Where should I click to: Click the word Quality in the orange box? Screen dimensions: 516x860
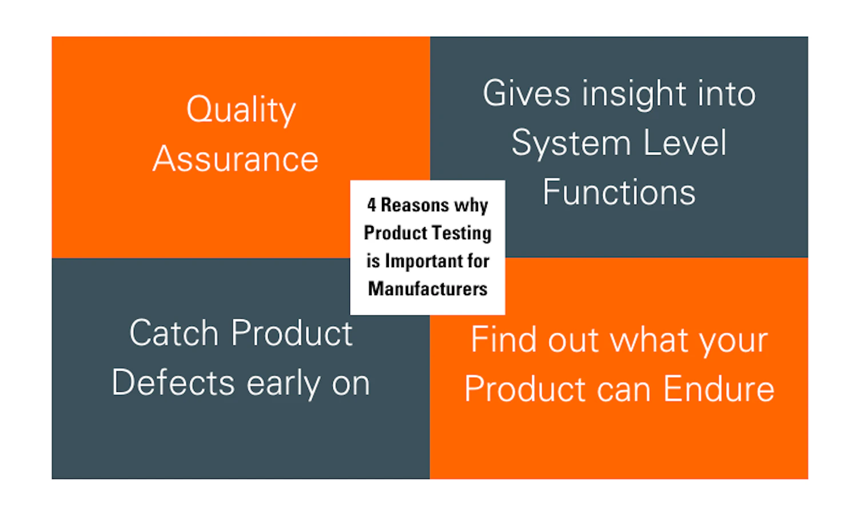(241, 110)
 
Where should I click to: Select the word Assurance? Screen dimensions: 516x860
(236, 159)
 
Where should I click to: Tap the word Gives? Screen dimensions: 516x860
(526, 94)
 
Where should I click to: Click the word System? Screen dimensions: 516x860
(570, 144)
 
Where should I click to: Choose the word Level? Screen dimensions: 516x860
(684, 142)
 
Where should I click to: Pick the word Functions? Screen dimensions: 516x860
(619, 192)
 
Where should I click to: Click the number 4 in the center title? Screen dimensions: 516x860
(372, 205)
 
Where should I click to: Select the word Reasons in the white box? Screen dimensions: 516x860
(415, 205)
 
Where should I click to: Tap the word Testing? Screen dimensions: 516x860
(461, 233)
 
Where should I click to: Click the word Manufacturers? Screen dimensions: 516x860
(428, 289)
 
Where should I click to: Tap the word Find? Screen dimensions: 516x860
(504, 340)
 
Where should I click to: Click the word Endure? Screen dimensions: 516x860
(719, 390)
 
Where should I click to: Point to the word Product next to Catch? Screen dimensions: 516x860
(292, 333)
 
